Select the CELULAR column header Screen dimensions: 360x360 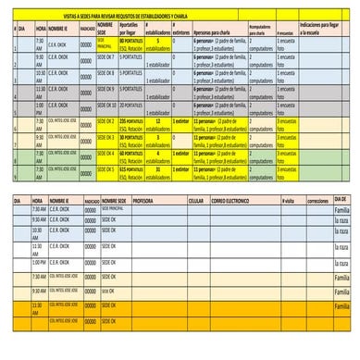(195, 200)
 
